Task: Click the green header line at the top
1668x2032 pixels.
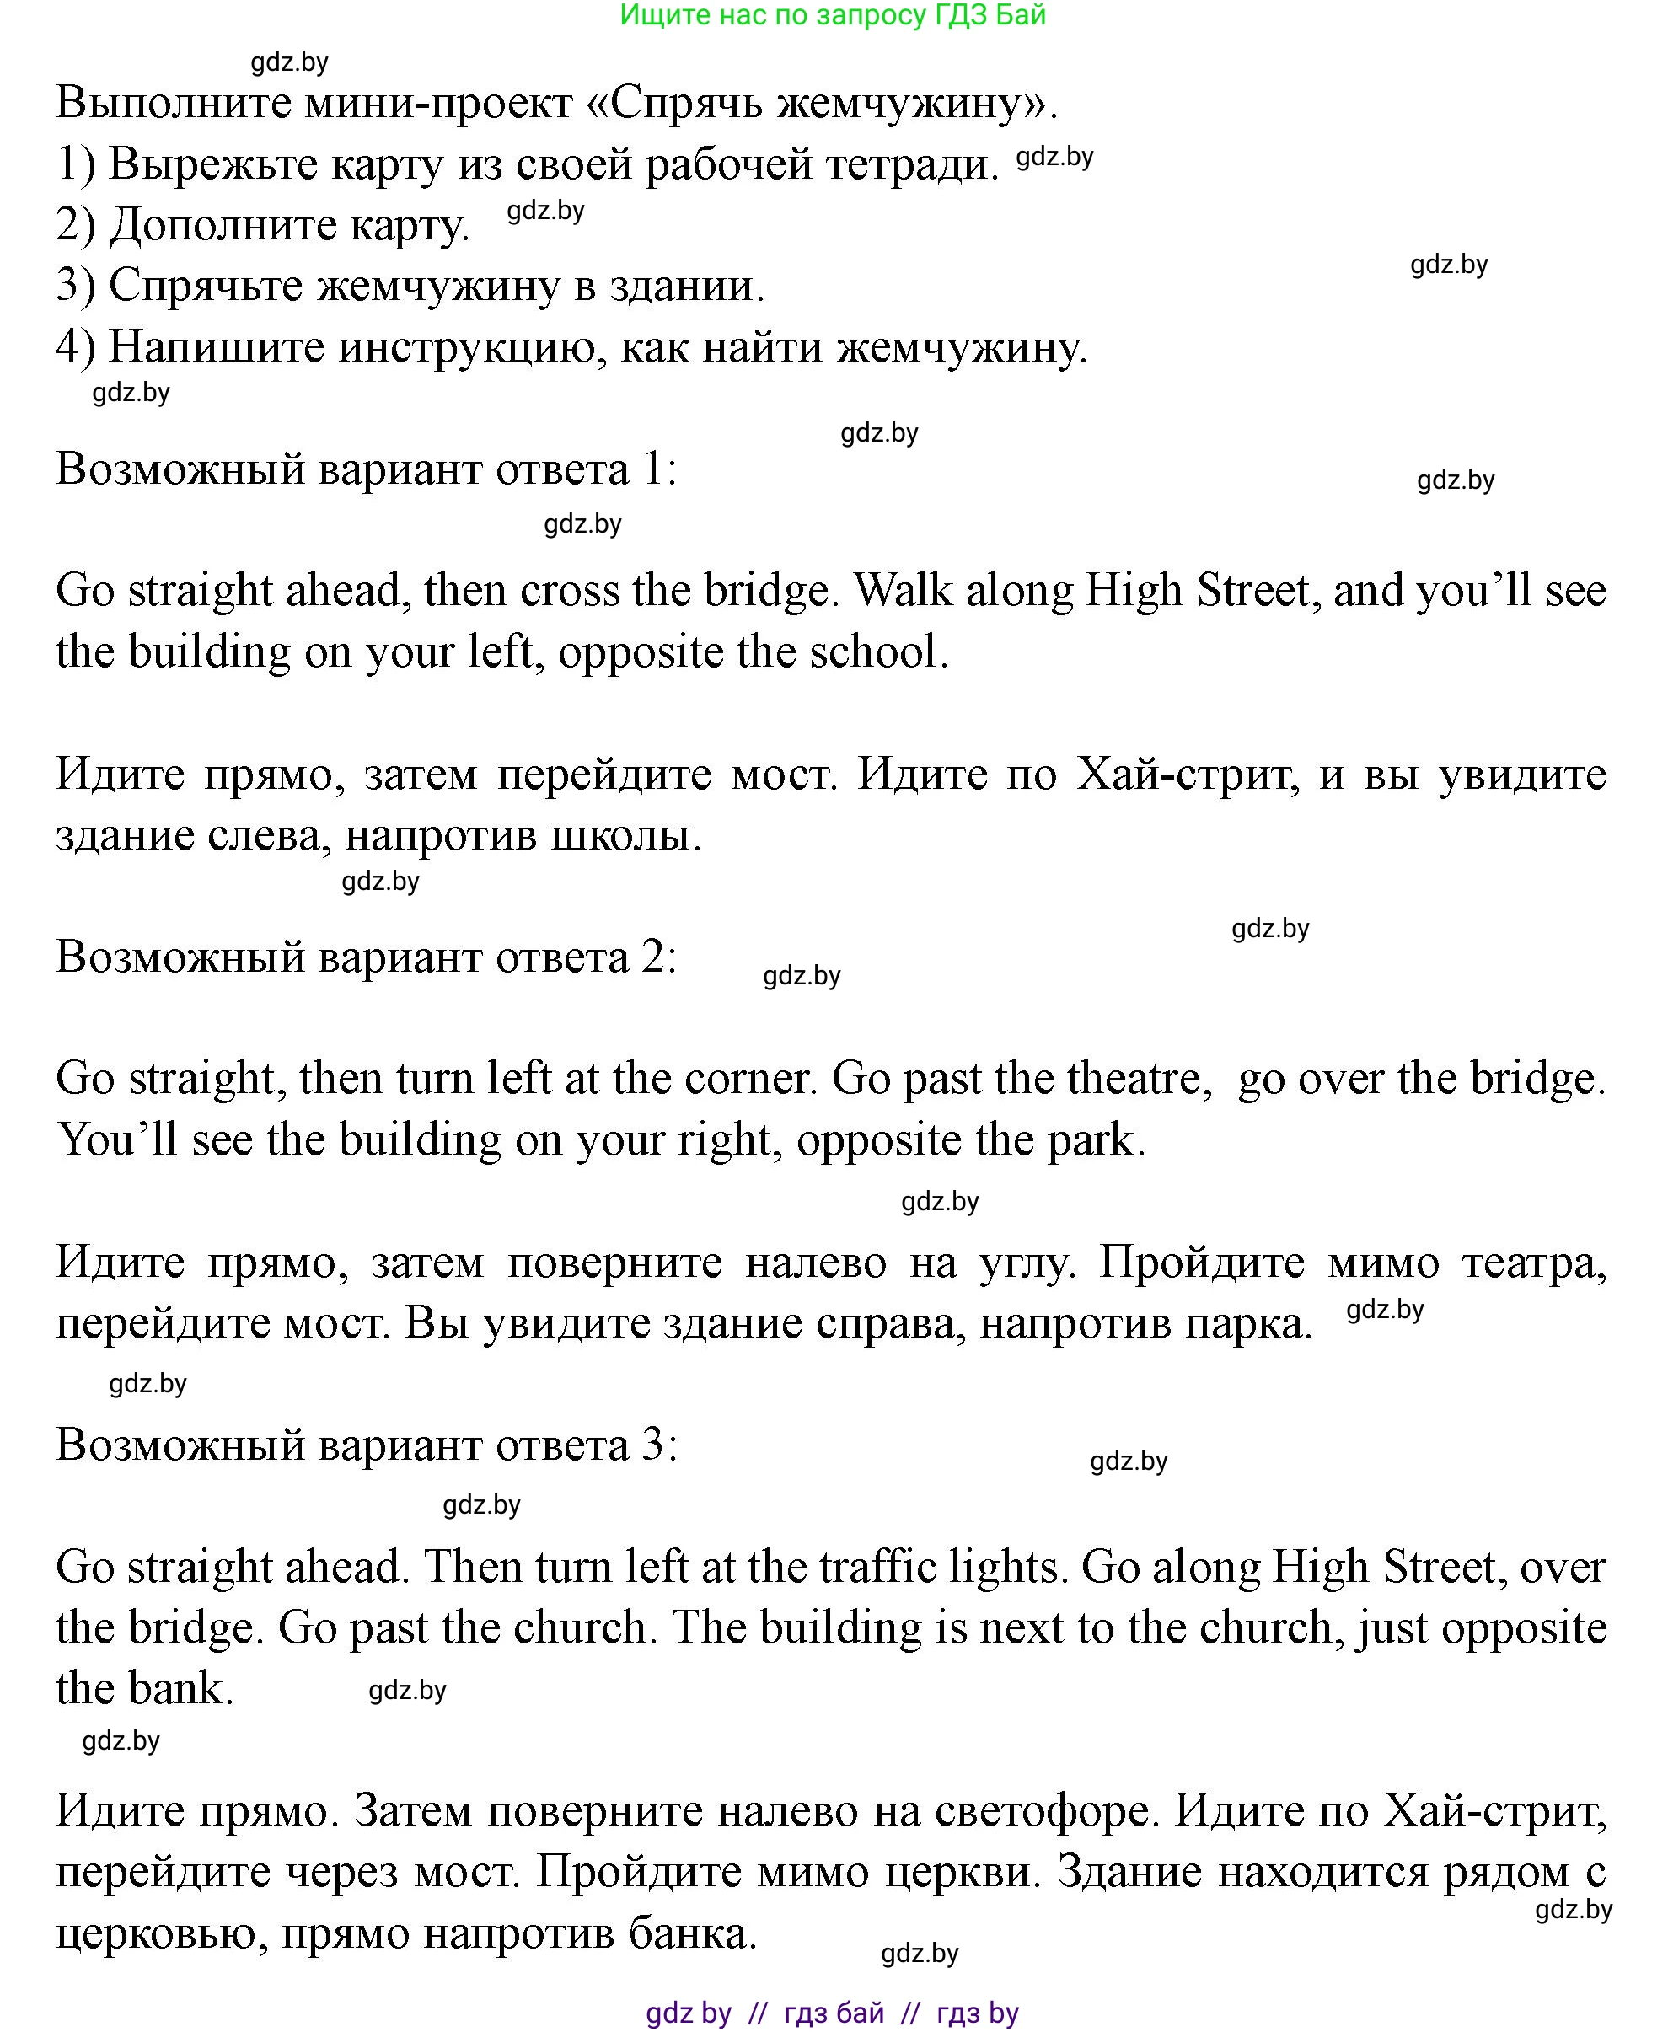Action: point(832,15)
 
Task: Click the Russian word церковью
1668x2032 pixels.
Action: point(158,1933)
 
